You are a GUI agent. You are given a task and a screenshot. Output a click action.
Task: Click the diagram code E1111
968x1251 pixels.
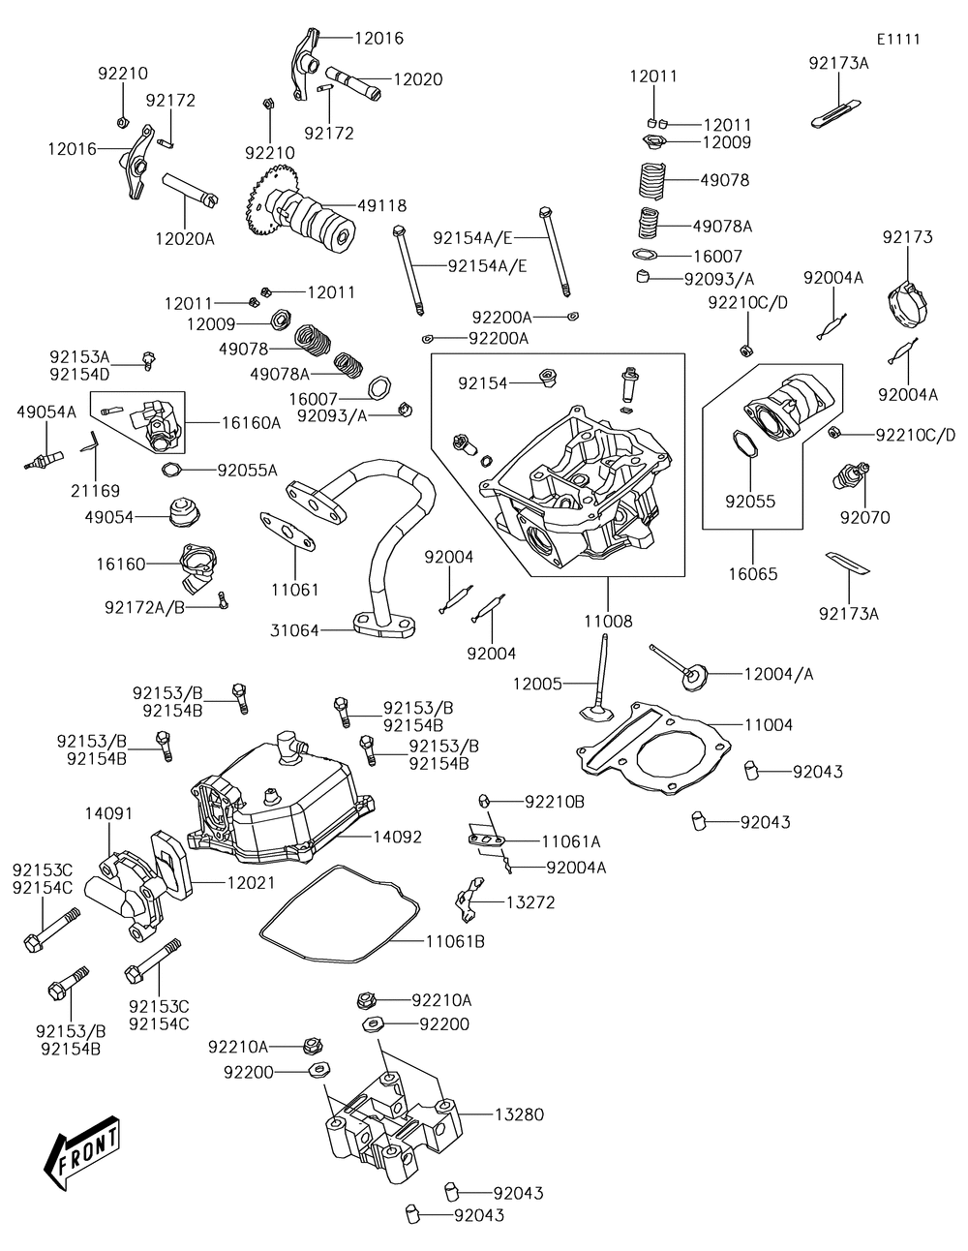click(x=898, y=40)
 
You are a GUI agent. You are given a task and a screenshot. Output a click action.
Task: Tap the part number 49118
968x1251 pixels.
click(x=381, y=205)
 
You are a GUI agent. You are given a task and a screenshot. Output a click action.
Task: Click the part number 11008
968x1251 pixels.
click(x=608, y=622)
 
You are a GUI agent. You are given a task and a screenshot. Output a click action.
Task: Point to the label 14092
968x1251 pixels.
click(x=397, y=837)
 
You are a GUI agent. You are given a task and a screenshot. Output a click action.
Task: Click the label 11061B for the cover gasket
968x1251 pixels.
click(x=455, y=940)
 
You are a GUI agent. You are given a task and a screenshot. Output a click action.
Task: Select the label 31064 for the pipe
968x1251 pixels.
click(x=294, y=630)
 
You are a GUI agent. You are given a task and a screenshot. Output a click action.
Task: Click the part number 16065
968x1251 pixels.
click(x=752, y=573)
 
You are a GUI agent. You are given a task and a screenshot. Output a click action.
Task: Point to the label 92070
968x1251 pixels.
click(x=864, y=518)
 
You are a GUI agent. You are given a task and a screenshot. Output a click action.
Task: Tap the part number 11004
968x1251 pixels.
click(x=769, y=724)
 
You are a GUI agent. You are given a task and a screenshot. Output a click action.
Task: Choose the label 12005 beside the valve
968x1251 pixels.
click(x=537, y=684)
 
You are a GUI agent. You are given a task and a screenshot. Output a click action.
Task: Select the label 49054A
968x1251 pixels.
click(x=46, y=412)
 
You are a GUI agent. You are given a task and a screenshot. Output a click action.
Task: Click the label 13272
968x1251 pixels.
click(x=530, y=901)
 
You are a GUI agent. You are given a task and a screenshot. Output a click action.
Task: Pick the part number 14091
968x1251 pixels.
click(x=108, y=813)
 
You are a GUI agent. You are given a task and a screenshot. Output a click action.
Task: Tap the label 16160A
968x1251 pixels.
click(x=251, y=422)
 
